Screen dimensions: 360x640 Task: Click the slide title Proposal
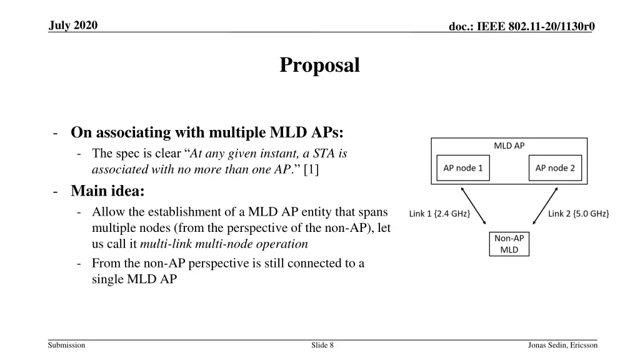(319, 65)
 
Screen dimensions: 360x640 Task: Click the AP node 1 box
(462, 168)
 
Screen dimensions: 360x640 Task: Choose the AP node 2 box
(554, 168)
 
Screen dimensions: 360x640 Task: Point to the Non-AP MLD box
(509, 244)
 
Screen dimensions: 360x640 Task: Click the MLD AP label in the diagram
(509, 146)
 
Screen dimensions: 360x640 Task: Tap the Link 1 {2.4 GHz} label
(439, 214)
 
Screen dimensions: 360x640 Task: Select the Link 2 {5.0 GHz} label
(578, 214)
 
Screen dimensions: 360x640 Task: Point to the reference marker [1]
(311, 169)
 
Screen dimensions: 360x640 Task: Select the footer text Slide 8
(322, 345)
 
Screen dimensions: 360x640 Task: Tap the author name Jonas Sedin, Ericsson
(562, 345)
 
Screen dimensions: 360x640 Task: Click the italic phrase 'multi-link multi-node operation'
(224, 244)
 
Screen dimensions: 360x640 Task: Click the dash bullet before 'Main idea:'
(57, 191)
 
